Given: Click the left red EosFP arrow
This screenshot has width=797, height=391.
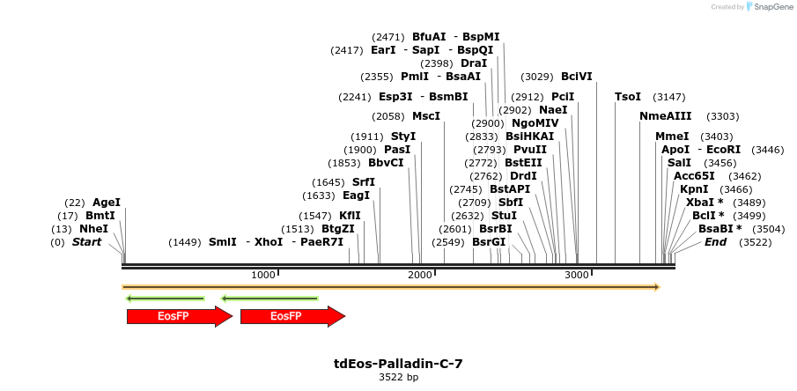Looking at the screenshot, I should [179, 316].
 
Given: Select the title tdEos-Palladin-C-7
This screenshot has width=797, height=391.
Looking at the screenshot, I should [398, 364].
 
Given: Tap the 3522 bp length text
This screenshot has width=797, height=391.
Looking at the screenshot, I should [398, 377].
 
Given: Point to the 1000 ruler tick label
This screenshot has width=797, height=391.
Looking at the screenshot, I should [263, 276].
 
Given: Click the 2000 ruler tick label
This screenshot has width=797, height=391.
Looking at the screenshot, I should [420, 276].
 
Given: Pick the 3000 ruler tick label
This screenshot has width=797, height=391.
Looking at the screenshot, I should [577, 276].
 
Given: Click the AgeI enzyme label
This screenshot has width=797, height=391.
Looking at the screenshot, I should [107, 203].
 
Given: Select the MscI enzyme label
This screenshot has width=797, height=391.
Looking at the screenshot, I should [426, 116].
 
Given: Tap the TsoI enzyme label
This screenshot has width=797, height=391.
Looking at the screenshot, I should [628, 97].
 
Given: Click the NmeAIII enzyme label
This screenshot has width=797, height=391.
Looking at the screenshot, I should [666, 116].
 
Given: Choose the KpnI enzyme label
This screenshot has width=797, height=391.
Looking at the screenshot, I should [694, 189].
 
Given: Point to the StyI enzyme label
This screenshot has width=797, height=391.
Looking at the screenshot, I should [403, 136].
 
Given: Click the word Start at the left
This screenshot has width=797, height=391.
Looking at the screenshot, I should [86, 242].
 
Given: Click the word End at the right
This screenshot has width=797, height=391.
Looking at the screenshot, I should [715, 242].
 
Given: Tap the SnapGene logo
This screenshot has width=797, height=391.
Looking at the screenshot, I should [769, 7].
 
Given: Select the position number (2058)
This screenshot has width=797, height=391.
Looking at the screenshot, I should [388, 116].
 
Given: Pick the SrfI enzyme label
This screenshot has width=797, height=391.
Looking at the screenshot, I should [364, 182].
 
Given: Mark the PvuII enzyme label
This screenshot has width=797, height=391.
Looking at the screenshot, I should [530, 150].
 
